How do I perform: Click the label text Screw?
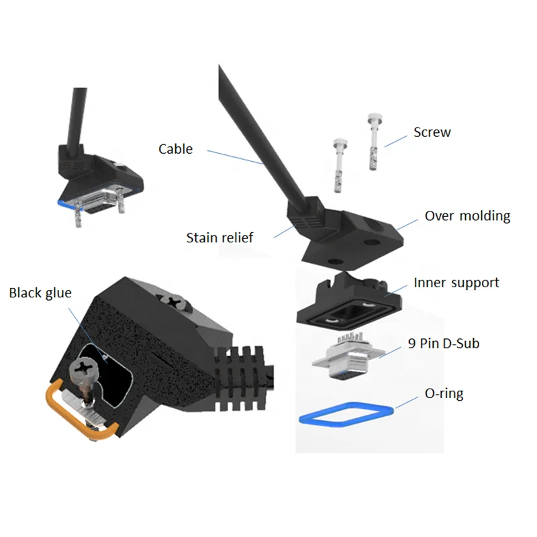point(432,132)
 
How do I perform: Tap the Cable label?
point(175,149)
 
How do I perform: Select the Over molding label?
point(467,216)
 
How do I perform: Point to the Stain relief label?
point(220,238)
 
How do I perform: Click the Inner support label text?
point(456,283)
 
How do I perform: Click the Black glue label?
point(40,293)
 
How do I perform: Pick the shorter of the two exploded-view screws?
point(338,164)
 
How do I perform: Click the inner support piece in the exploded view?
point(349,303)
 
